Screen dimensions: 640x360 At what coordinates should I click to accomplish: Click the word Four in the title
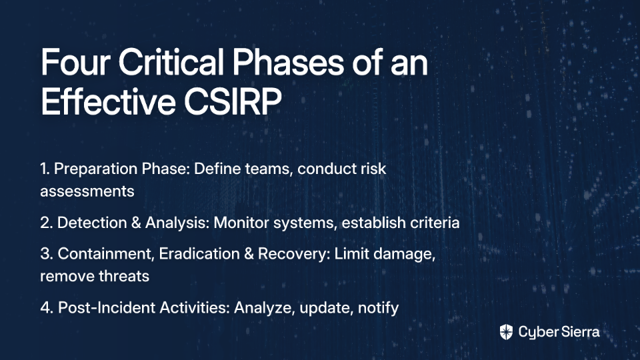(75, 62)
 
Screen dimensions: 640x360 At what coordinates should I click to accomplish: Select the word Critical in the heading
(171, 62)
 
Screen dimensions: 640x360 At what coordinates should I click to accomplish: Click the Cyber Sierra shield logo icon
(506, 332)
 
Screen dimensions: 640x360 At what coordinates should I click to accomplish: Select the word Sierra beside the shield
(579, 332)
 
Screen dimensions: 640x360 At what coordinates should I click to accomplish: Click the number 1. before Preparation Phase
(45, 169)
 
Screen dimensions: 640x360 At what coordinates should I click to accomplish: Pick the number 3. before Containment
(47, 254)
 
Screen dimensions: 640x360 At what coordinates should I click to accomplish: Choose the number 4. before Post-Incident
(47, 308)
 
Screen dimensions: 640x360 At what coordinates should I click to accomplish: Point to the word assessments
(87, 191)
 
